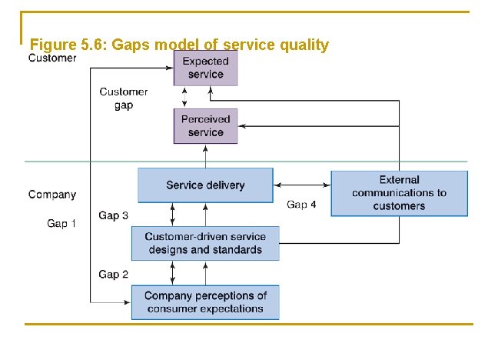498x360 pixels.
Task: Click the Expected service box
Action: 206,68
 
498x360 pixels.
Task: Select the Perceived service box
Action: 206,125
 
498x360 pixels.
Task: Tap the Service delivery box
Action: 205,185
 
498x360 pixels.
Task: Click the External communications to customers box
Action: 399,193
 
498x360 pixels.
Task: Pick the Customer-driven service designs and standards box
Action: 205,243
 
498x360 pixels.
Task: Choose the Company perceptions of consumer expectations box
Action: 205,302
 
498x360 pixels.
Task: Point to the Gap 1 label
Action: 62,223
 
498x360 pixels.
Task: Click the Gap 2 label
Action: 113,274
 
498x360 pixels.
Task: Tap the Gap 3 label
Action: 113,215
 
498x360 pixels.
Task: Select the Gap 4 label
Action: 301,205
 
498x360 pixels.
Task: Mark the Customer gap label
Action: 123,98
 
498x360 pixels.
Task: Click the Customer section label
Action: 52,58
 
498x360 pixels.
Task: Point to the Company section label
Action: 52,195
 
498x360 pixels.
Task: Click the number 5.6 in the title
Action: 92,45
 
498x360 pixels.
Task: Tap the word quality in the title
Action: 306,45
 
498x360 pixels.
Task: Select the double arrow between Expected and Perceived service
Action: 184,97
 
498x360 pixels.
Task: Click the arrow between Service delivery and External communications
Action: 302,185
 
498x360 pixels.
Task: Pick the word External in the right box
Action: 399,180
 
